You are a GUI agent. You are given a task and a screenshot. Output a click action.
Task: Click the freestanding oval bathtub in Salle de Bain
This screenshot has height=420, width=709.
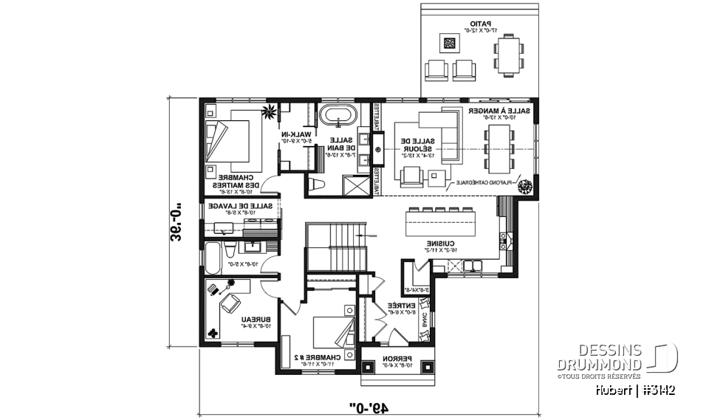click(337, 117)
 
